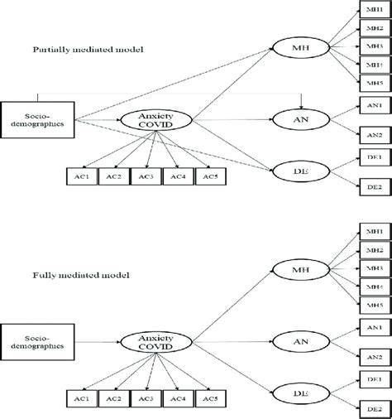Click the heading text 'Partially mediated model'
(x=86, y=51)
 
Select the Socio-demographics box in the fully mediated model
(x=32, y=340)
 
